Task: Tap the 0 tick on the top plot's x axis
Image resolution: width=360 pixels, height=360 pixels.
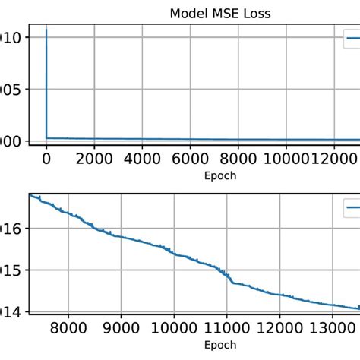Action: pyautogui.click(x=46, y=159)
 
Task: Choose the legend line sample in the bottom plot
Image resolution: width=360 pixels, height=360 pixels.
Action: pyautogui.click(x=352, y=206)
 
